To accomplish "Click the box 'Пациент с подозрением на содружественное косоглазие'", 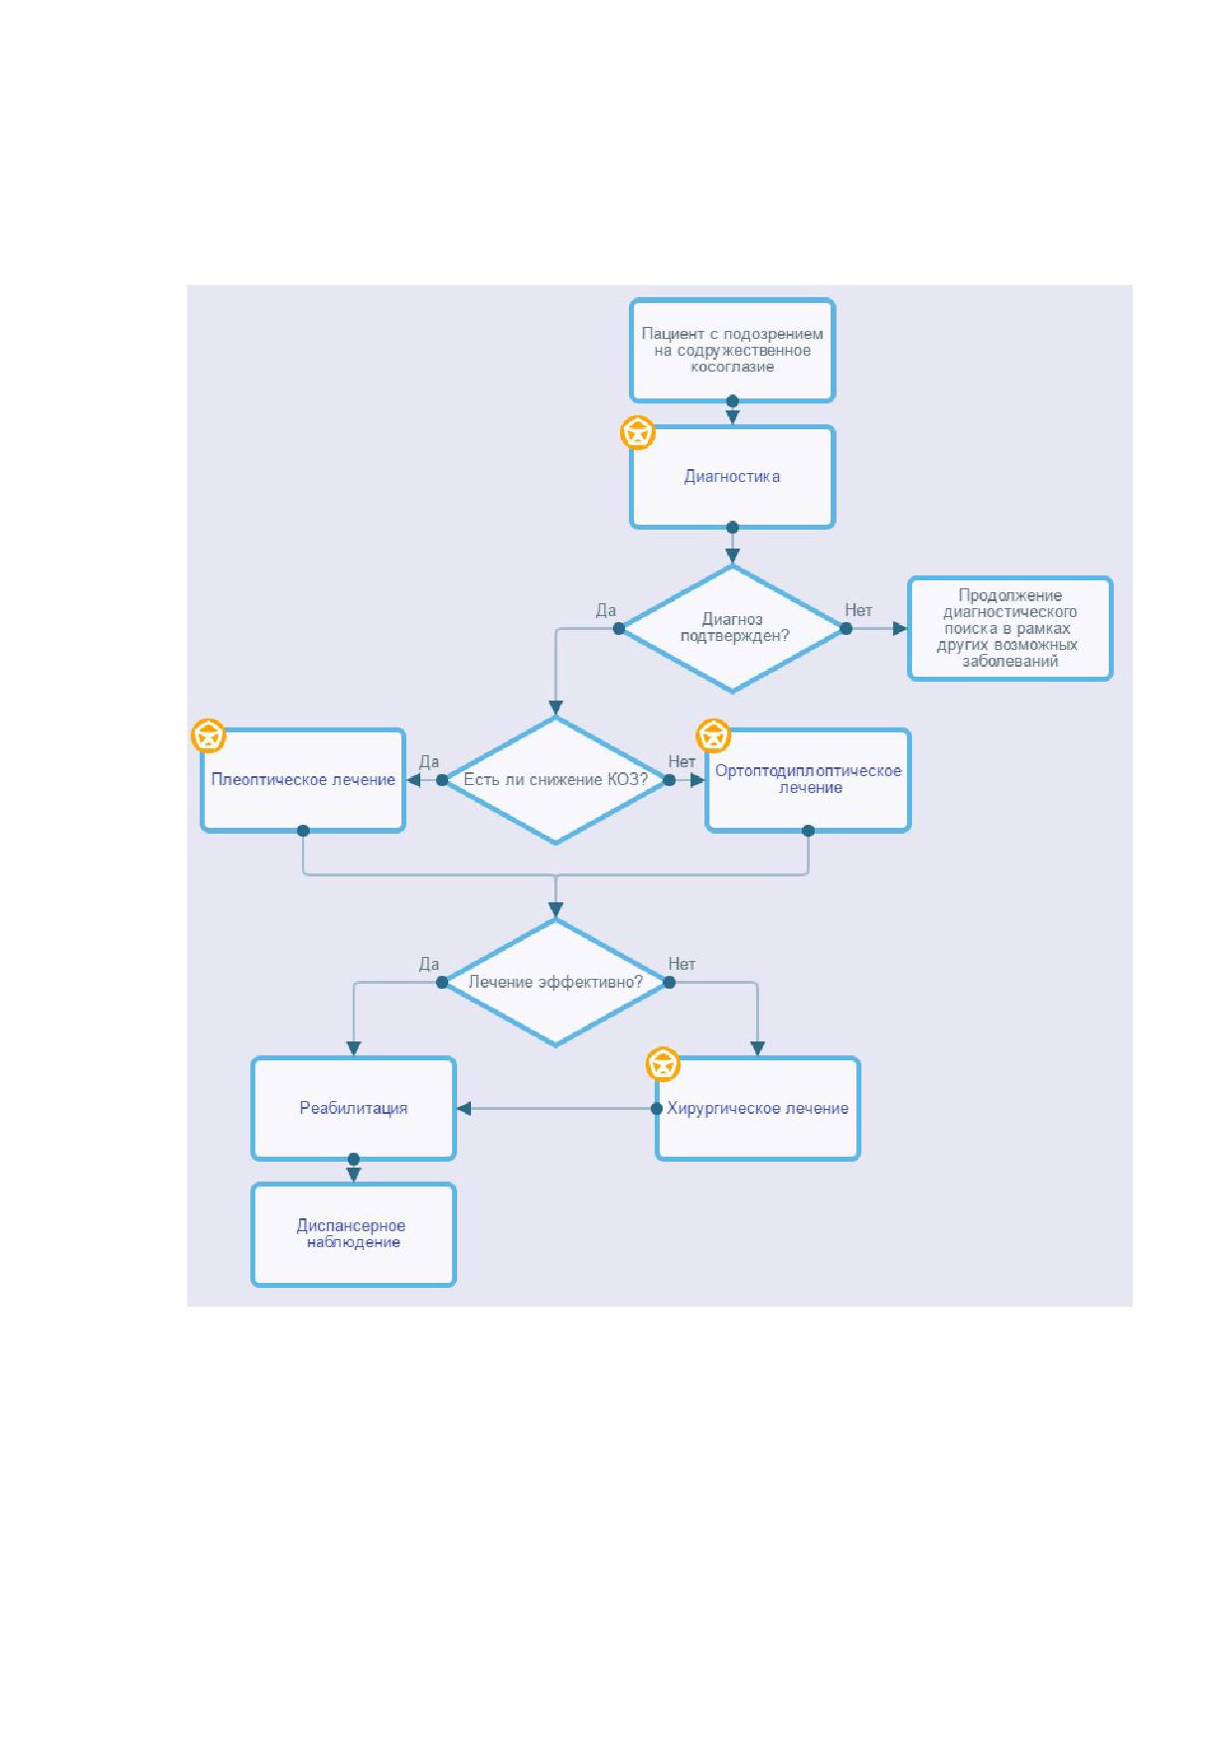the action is tap(732, 351).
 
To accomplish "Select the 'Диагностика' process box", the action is tap(732, 477).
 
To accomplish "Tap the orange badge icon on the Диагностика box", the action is tap(638, 433).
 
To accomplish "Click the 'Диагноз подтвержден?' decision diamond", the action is tap(732, 629).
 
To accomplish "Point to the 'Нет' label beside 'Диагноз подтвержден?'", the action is tap(858, 610).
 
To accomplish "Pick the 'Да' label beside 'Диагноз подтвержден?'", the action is tap(606, 610).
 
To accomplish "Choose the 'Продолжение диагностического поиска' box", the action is tap(1010, 629).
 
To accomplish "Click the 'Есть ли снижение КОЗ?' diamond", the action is tap(555, 780).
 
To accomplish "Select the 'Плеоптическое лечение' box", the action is tap(303, 780).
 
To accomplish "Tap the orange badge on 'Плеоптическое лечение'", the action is tap(209, 736).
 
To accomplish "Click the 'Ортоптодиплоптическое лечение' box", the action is tap(808, 780).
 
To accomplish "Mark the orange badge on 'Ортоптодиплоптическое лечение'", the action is tap(713, 736).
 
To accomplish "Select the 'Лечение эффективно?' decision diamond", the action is tap(555, 983).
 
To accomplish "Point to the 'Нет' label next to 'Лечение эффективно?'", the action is tap(682, 964).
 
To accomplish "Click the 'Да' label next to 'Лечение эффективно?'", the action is tap(429, 964).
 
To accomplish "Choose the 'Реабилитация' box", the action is tap(354, 1109).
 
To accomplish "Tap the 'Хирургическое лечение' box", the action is tap(758, 1109).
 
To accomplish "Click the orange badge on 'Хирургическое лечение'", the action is tap(664, 1064).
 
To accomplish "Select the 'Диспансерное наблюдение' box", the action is tap(354, 1235).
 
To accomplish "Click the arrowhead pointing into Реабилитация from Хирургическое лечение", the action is tap(464, 1109).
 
